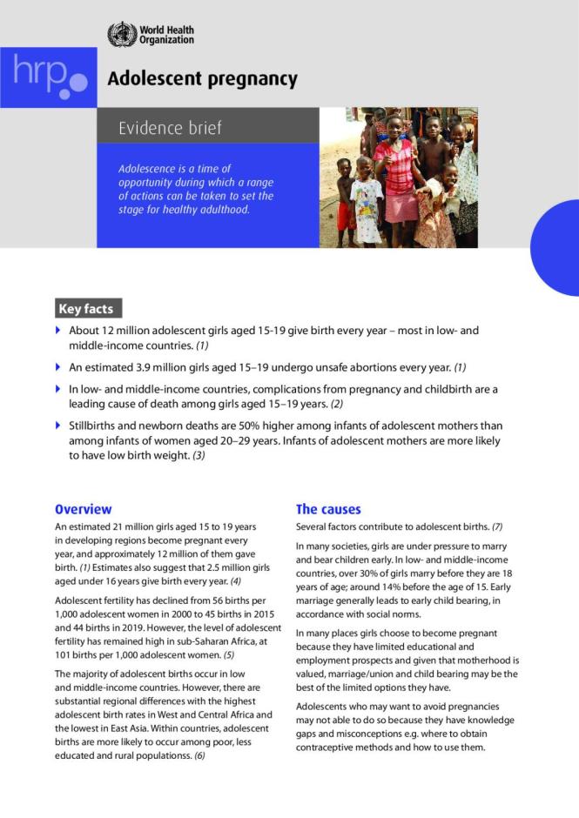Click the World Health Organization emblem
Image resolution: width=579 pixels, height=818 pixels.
pos(122,35)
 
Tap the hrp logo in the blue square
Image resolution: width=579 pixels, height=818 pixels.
pos(48,77)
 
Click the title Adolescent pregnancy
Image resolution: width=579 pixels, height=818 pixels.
pos(202,80)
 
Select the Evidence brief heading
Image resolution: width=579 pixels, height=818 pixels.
pos(170,128)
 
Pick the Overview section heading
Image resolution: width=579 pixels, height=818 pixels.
pos(83,509)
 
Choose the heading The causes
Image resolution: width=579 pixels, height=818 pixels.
pos(328,509)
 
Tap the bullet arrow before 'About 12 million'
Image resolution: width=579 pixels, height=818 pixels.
pos(58,332)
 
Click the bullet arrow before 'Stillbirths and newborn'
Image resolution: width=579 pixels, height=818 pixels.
pos(58,426)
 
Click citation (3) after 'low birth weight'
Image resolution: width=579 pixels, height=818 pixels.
pos(199,455)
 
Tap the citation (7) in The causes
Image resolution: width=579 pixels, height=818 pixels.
pos(497,527)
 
